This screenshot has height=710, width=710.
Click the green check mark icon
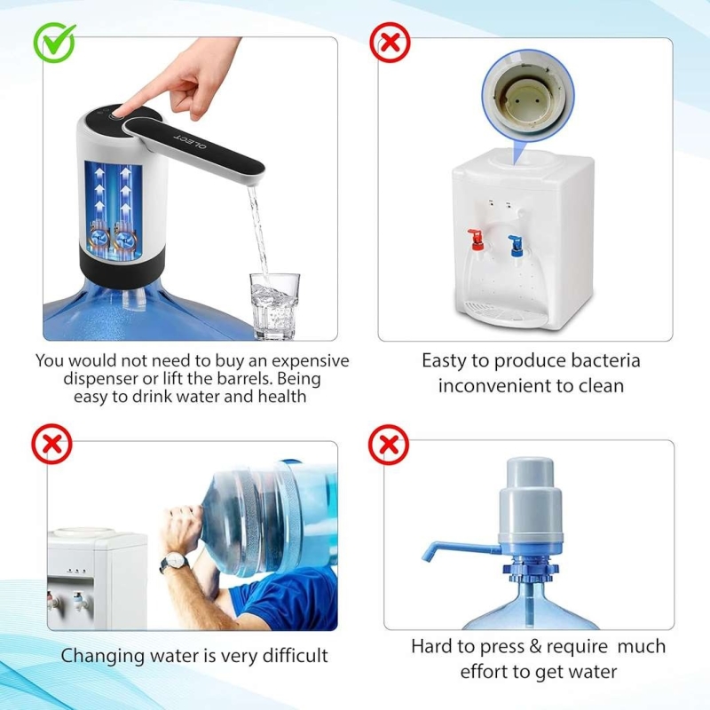(x=54, y=43)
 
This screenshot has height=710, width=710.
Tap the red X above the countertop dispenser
(x=390, y=43)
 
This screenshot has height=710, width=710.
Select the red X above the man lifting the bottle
(x=51, y=444)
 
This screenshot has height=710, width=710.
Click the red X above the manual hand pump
(x=389, y=445)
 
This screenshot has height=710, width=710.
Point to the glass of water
(x=275, y=306)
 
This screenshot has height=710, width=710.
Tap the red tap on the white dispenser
(x=476, y=240)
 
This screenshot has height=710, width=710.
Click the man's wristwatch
(x=175, y=562)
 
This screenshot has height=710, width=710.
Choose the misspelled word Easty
(x=444, y=361)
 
